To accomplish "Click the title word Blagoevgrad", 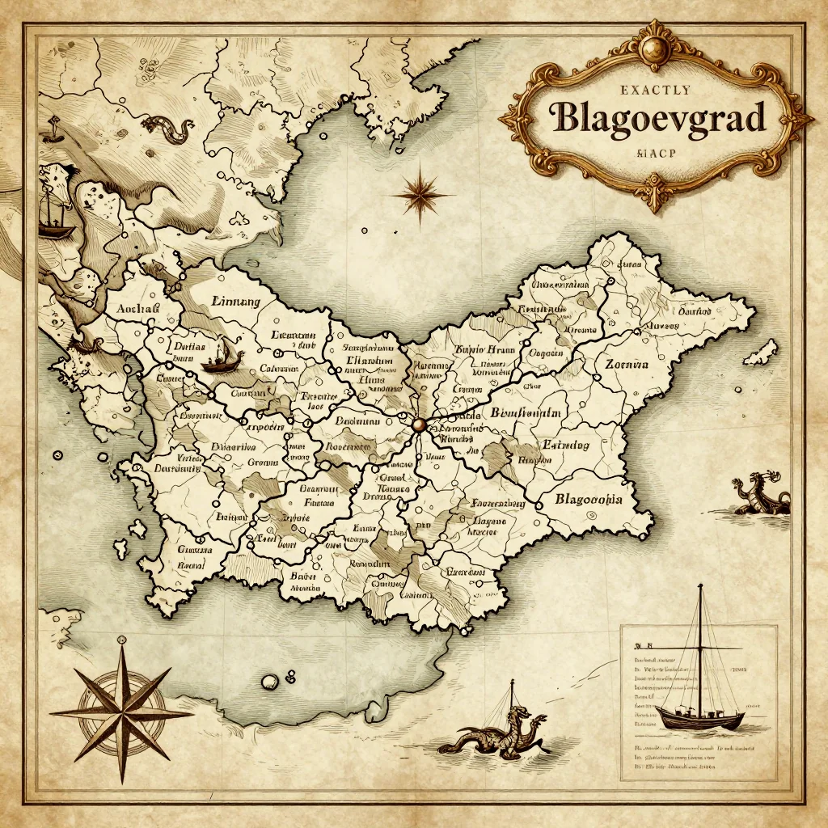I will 656,119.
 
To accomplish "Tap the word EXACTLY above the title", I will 657,90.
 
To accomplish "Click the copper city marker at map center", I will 418,424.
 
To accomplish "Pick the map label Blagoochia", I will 588,499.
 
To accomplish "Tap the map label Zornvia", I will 627,364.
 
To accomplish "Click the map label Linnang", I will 235,302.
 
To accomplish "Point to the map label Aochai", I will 138,309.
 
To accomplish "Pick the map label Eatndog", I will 565,445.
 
